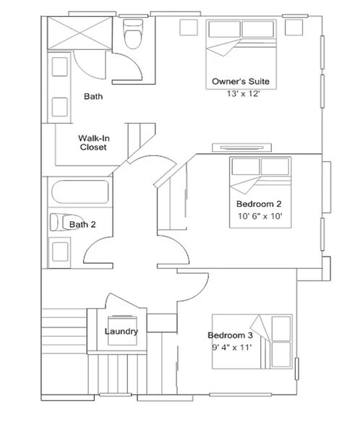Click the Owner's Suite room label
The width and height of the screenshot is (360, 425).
pos(241,81)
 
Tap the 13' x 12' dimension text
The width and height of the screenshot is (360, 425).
pos(241,93)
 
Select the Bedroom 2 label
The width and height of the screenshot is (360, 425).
pos(259,204)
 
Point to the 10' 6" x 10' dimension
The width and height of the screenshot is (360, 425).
pos(259,216)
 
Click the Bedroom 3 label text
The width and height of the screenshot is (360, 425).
pos(230,335)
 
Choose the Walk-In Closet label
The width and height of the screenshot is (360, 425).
pos(93,142)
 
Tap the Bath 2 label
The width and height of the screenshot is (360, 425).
pos(82,225)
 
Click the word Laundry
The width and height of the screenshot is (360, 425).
pos(121,332)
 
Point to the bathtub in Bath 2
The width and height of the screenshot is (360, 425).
pos(79,193)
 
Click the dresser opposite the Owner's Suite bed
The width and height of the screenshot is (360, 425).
pos(241,148)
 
